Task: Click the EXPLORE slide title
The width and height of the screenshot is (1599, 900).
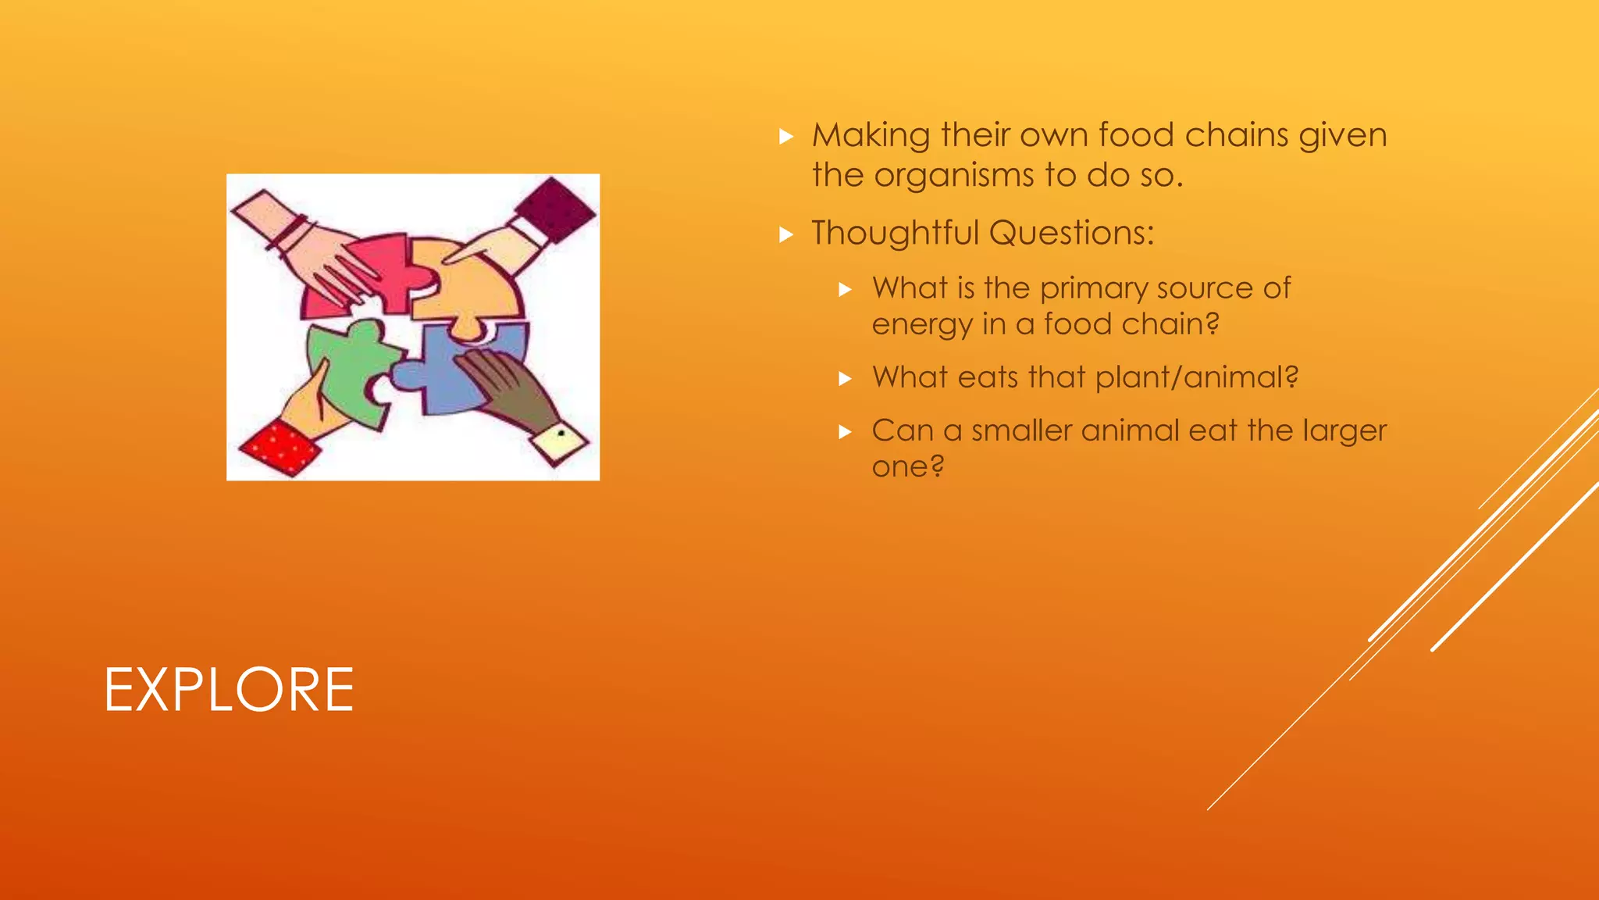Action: (x=229, y=690)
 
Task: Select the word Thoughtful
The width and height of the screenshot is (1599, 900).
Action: (x=894, y=233)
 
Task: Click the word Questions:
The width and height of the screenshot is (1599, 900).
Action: (x=1071, y=233)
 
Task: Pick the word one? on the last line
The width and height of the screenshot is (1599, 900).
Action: (x=907, y=467)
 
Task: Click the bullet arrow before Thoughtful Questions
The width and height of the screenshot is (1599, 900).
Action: (x=786, y=234)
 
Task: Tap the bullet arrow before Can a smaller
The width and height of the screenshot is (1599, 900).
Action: (x=845, y=432)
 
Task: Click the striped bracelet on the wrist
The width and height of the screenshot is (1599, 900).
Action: (x=290, y=233)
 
